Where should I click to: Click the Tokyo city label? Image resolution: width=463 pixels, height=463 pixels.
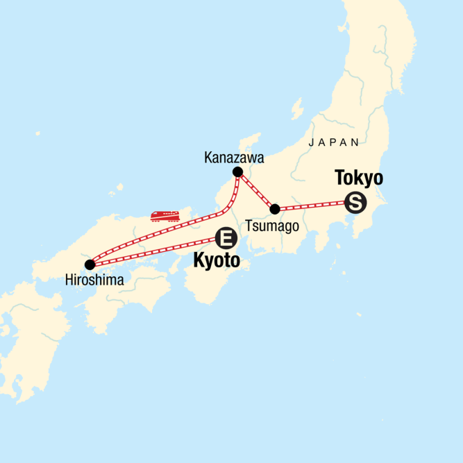click(358, 178)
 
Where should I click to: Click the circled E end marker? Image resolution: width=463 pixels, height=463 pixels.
click(226, 239)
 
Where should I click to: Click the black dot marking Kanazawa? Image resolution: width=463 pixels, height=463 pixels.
click(237, 171)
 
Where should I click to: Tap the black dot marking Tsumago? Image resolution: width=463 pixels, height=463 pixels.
click(275, 208)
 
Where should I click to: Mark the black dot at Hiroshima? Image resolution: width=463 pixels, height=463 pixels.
click(89, 264)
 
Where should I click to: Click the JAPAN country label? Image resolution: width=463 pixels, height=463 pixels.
click(335, 142)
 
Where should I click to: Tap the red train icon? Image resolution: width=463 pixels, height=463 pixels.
click(167, 215)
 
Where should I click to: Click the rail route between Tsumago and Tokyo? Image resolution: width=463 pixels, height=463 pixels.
click(312, 205)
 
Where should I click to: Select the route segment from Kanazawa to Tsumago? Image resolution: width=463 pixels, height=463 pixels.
click(255, 190)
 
